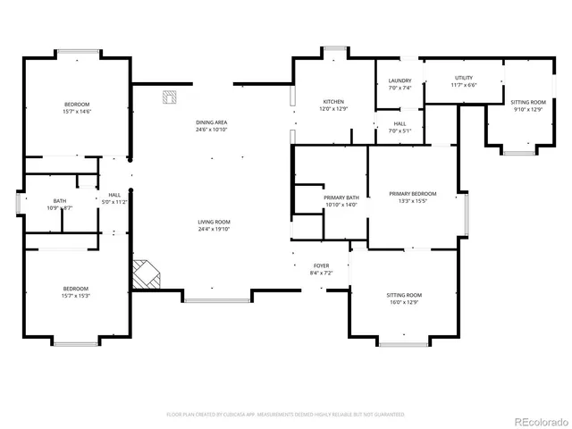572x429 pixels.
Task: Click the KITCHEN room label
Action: [x=332, y=102]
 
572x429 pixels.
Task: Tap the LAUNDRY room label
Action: [x=400, y=81]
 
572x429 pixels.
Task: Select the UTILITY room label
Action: [x=463, y=78]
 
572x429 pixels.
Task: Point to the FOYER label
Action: [x=320, y=266]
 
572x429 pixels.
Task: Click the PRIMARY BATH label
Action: [x=341, y=198]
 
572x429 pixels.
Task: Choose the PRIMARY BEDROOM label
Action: [x=412, y=194]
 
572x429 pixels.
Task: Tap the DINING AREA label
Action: [x=212, y=122]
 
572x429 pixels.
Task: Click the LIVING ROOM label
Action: [x=214, y=222]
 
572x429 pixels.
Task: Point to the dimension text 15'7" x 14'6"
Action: [x=76, y=112]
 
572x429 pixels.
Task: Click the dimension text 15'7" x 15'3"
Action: [x=76, y=295]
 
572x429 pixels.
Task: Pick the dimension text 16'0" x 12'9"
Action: [x=404, y=302]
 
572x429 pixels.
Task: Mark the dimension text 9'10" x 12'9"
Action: [x=526, y=109]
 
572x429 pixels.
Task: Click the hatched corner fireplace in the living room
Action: [x=144, y=273]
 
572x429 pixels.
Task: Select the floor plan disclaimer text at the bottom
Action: [x=285, y=415]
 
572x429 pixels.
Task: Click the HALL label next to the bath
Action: [x=114, y=195]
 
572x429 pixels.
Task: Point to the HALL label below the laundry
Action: [x=400, y=123]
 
